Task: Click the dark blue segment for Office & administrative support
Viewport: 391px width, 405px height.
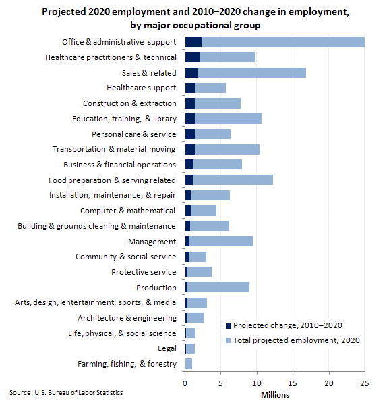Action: tap(193, 42)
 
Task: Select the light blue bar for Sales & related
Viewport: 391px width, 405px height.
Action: tap(252, 73)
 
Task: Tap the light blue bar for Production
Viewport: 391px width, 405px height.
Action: tap(218, 288)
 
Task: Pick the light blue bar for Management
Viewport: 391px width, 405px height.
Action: tap(221, 241)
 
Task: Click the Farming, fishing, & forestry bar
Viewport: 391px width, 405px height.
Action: tap(189, 364)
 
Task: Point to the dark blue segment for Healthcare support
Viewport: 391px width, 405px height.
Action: tap(190, 88)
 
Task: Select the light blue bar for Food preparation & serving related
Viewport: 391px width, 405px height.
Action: tap(233, 180)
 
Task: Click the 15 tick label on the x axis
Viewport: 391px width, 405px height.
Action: tap(293, 383)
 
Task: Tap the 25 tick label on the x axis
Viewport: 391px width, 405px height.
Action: tap(365, 383)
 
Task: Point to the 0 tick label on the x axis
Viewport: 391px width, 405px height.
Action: tap(185, 383)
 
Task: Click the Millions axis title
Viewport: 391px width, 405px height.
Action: tap(275, 395)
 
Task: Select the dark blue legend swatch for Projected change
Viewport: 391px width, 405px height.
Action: tap(229, 326)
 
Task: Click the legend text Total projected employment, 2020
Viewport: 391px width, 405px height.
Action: tap(297, 340)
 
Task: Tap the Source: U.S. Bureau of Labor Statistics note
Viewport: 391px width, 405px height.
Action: tap(66, 393)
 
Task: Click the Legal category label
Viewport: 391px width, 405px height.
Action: tap(167, 348)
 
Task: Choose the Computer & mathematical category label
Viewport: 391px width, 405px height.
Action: tap(127, 211)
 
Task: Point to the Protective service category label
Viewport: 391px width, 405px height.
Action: tap(144, 272)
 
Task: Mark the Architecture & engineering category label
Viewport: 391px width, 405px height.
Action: tap(127, 318)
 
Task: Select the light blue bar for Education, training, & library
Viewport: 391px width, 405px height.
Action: tap(228, 119)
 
